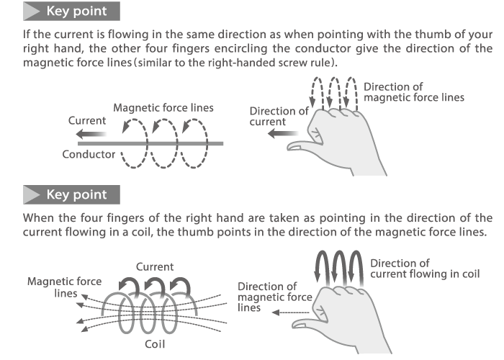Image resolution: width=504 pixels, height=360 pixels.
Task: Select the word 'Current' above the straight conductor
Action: [86, 120]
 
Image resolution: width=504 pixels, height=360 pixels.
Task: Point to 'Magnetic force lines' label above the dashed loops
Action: [163, 107]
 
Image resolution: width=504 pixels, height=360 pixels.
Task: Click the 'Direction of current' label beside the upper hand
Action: [279, 116]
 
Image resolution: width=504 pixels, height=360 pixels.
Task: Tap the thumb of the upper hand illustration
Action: [306, 146]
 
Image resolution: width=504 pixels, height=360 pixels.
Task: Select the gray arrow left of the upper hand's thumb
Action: [274, 134]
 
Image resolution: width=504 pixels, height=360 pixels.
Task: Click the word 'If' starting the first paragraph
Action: [28, 35]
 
